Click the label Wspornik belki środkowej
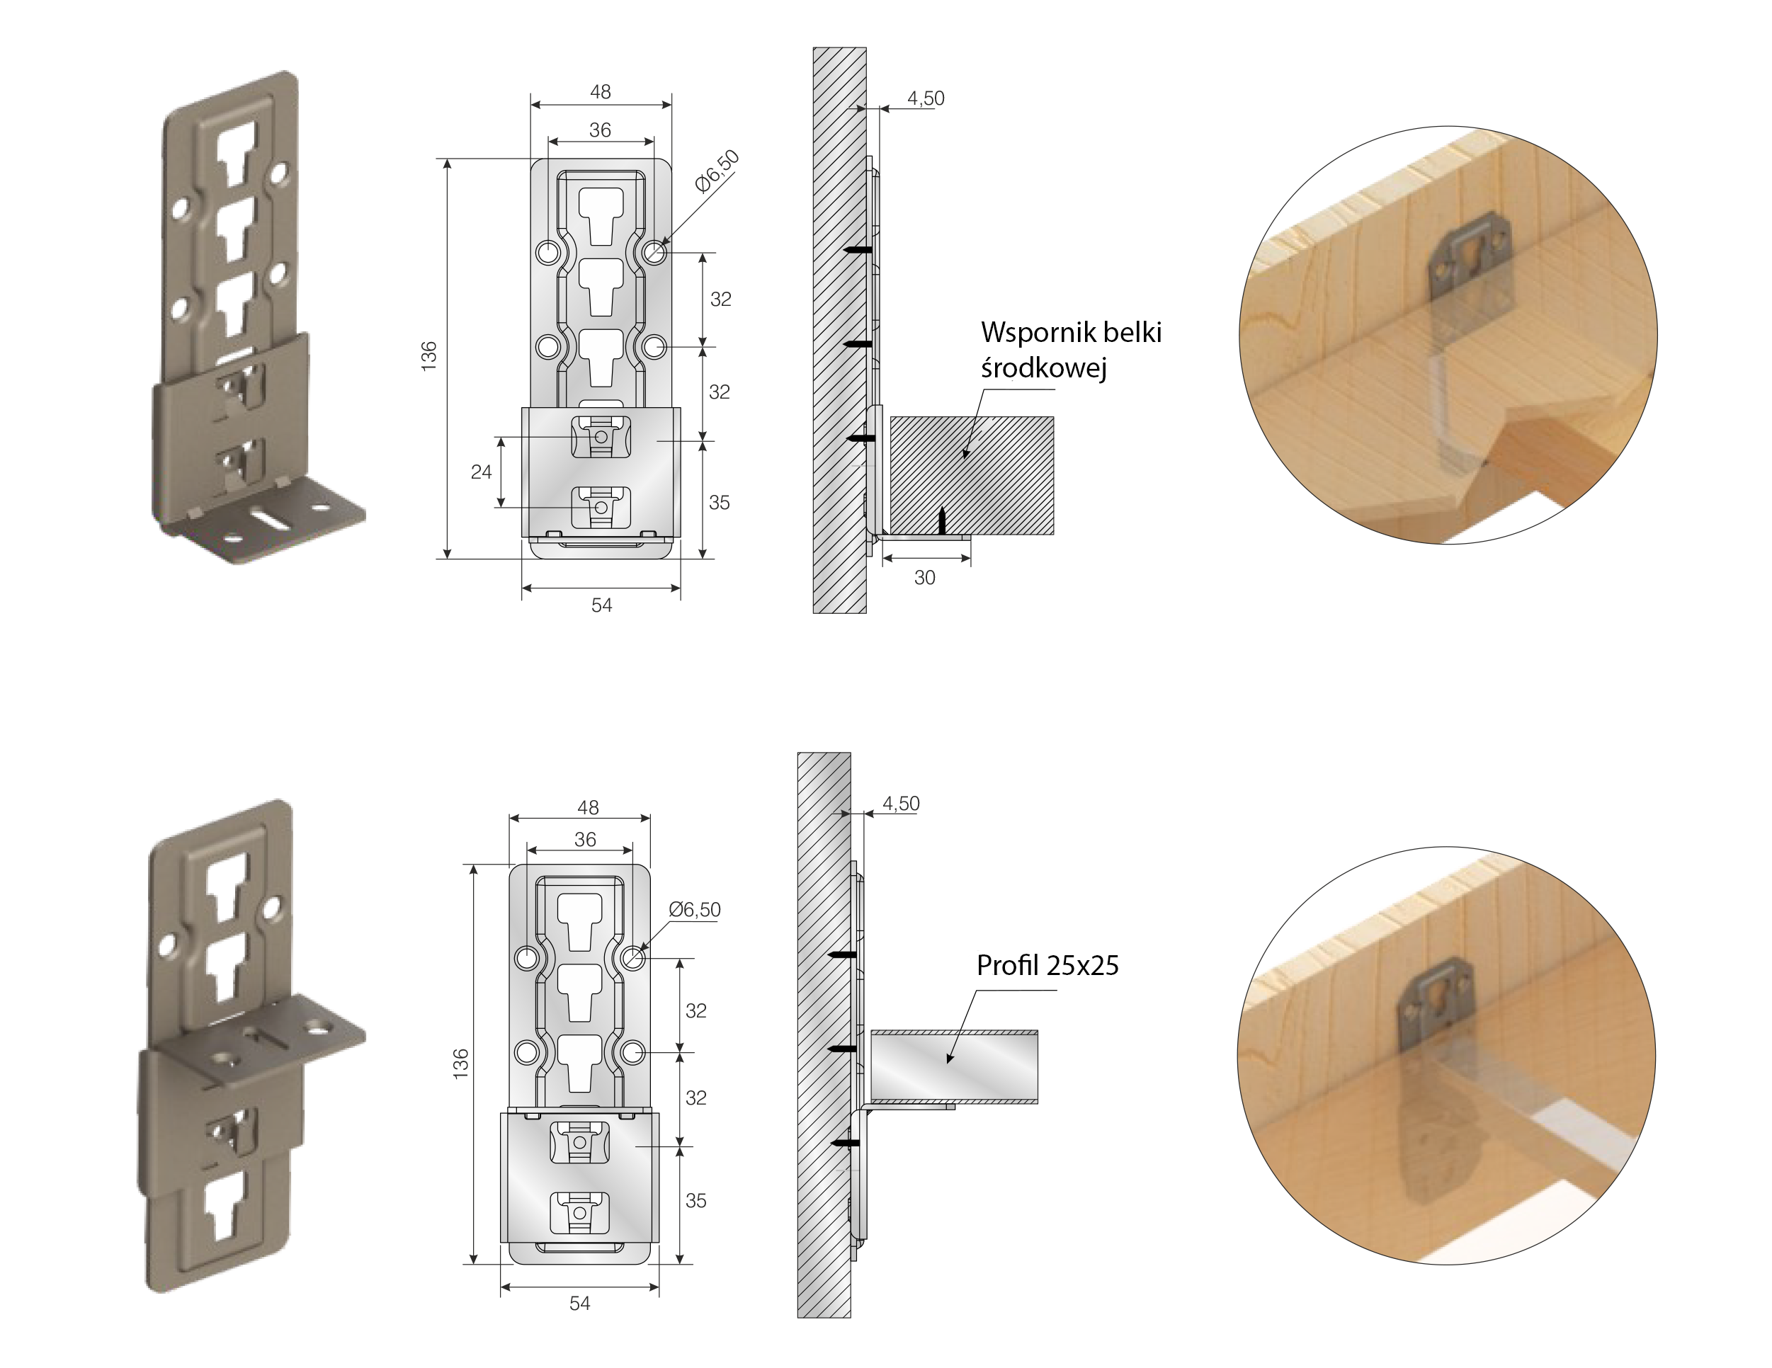pos(1071,350)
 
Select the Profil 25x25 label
pos(1047,966)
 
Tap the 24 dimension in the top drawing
pos(481,472)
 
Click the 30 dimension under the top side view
pos(925,578)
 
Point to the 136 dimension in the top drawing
pos(429,356)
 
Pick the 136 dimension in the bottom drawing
pos(461,1064)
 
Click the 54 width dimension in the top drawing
pos(601,605)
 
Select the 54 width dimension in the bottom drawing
pos(579,1304)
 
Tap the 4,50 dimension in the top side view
pos(926,98)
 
